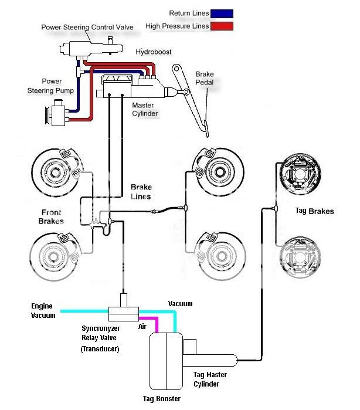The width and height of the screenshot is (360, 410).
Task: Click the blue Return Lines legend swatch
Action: click(x=222, y=13)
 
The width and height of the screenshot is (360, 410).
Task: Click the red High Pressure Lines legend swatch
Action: click(x=222, y=26)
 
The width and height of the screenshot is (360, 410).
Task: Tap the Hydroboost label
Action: click(x=154, y=52)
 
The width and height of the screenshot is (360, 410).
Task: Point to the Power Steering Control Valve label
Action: click(x=87, y=27)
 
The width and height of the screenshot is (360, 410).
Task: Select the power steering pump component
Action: click(x=57, y=113)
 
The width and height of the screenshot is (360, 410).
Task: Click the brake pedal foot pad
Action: click(x=206, y=128)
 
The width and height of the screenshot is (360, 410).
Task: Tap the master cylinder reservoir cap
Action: click(x=117, y=79)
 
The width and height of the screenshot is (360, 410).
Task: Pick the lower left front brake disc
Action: click(x=55, y=256)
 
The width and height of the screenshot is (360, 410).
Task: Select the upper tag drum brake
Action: click(x=300, y=174)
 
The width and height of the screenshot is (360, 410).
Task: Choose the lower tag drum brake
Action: click(x=300, y=257)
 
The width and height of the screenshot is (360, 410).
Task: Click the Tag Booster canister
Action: click(x=166, y=361)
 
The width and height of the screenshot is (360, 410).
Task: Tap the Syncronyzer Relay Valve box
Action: click(x=123, y=314)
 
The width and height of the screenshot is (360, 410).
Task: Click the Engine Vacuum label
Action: click(x=43, y=311)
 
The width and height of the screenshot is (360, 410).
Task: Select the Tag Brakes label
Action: click(x=314, y=211)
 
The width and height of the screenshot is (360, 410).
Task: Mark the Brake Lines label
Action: click(x=141, y=192)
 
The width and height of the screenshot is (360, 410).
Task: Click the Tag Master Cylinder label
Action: click(x=210, y=379)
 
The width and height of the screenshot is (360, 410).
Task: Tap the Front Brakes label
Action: click(x=51, y=216)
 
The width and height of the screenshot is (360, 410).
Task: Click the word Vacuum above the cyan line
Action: click(x=180, y=304)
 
